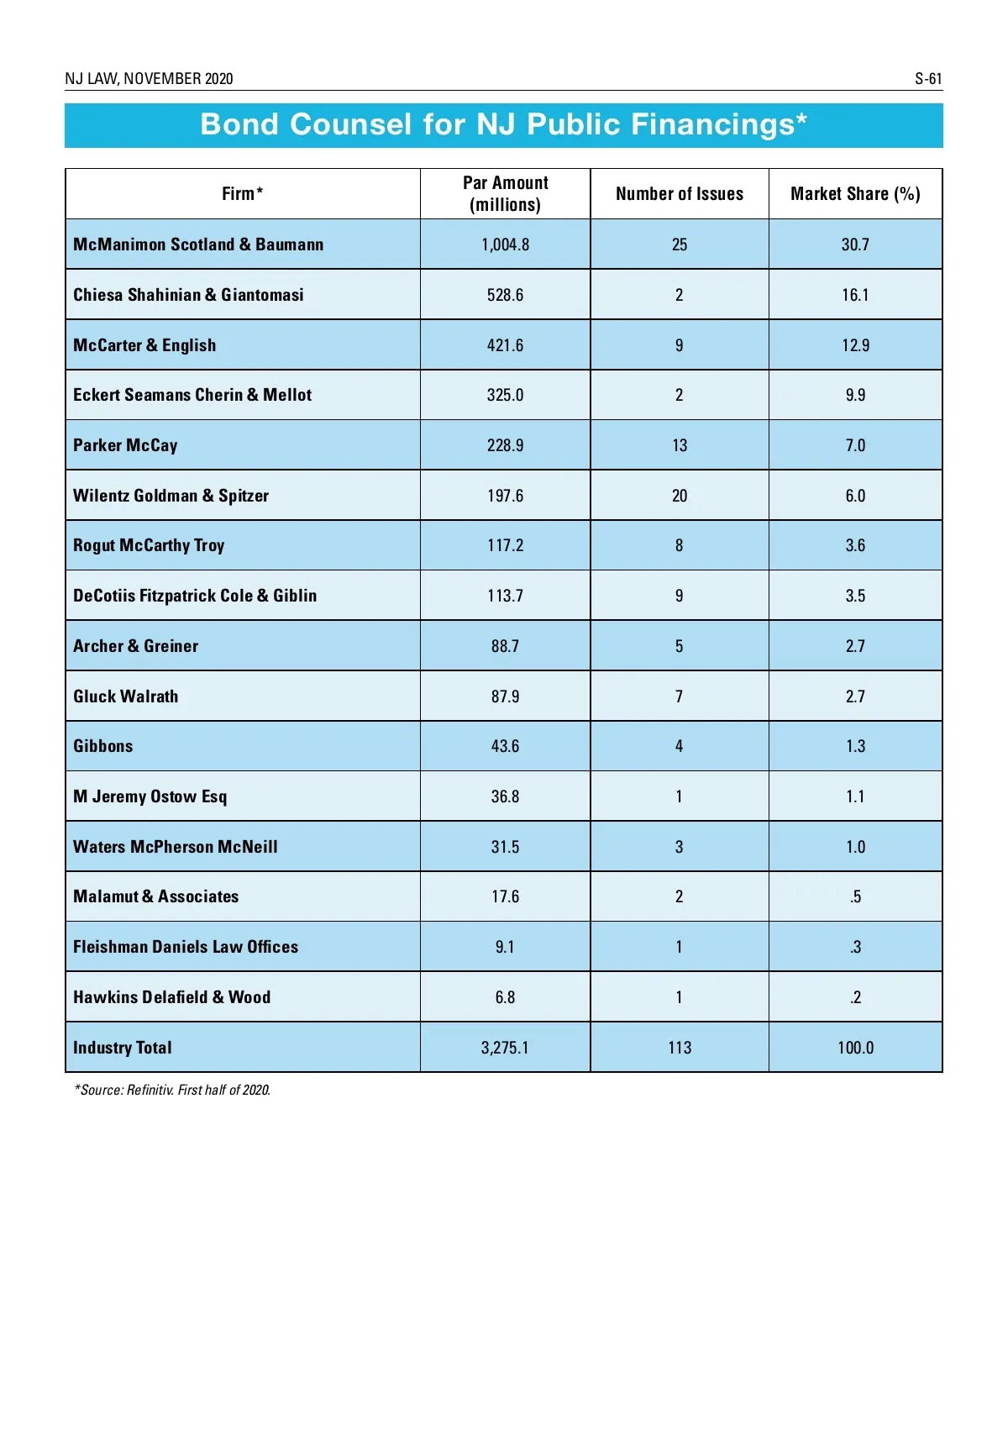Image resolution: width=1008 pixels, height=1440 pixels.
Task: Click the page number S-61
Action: click(x=928, y=79)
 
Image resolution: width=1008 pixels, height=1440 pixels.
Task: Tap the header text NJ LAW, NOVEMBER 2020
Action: click(x=149, y=79)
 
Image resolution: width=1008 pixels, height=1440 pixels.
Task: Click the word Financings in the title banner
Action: click(x=708, y=124)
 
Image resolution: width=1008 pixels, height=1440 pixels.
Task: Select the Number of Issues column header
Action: click(x=680, y=194)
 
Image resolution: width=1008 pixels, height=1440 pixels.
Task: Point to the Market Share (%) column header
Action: click(x=855, y=194)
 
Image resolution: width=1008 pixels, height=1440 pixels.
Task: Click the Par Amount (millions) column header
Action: click(x=505, y=194)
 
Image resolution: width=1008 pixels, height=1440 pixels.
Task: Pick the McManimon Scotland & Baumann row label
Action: click(x=198, y=244)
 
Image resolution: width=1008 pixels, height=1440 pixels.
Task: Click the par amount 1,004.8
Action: click(x=505, y=244)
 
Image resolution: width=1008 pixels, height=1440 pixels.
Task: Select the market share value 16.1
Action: click(x=855, y=295)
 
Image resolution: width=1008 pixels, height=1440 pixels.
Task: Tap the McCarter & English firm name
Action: click(x=144, y=345)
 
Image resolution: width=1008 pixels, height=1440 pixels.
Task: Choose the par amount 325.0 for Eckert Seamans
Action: click(x=505, y=395)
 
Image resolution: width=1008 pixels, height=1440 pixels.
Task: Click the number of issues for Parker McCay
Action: click(x=680, y=445)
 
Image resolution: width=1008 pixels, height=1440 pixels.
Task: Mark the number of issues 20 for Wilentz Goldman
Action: click(x=680, y=496)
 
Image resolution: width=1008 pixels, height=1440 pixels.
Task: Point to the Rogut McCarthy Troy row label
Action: click(x=149, y=545)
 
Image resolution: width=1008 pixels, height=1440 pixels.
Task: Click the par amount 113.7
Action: click(x=505, y=596)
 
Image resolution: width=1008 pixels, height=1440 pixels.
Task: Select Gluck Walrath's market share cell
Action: click(x=855, y=696)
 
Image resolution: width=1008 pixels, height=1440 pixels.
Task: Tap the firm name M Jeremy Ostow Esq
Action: click(x=150, y=796)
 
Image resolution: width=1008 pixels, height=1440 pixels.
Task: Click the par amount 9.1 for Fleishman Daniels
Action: click(x=505, y=947)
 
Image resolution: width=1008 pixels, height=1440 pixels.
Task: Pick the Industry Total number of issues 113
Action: click(x=680, y=1048)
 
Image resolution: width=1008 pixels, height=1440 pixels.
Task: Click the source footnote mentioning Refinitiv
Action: click(x=173, y=1091)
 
